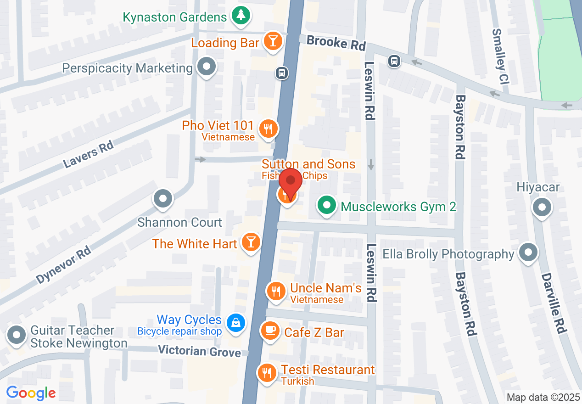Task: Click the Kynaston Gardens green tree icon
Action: point(239,16)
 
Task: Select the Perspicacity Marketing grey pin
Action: point(207,67)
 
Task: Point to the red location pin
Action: point(290,182)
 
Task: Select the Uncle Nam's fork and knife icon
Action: point(276,292)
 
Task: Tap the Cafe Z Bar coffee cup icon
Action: point(270,331)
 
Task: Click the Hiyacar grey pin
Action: point(542,207)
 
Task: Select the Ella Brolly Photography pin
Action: point(528,252)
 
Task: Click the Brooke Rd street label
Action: point(336,43)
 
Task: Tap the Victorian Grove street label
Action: point(199,351)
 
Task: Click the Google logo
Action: point(31,393)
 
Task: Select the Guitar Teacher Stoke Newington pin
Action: point(17,335)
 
